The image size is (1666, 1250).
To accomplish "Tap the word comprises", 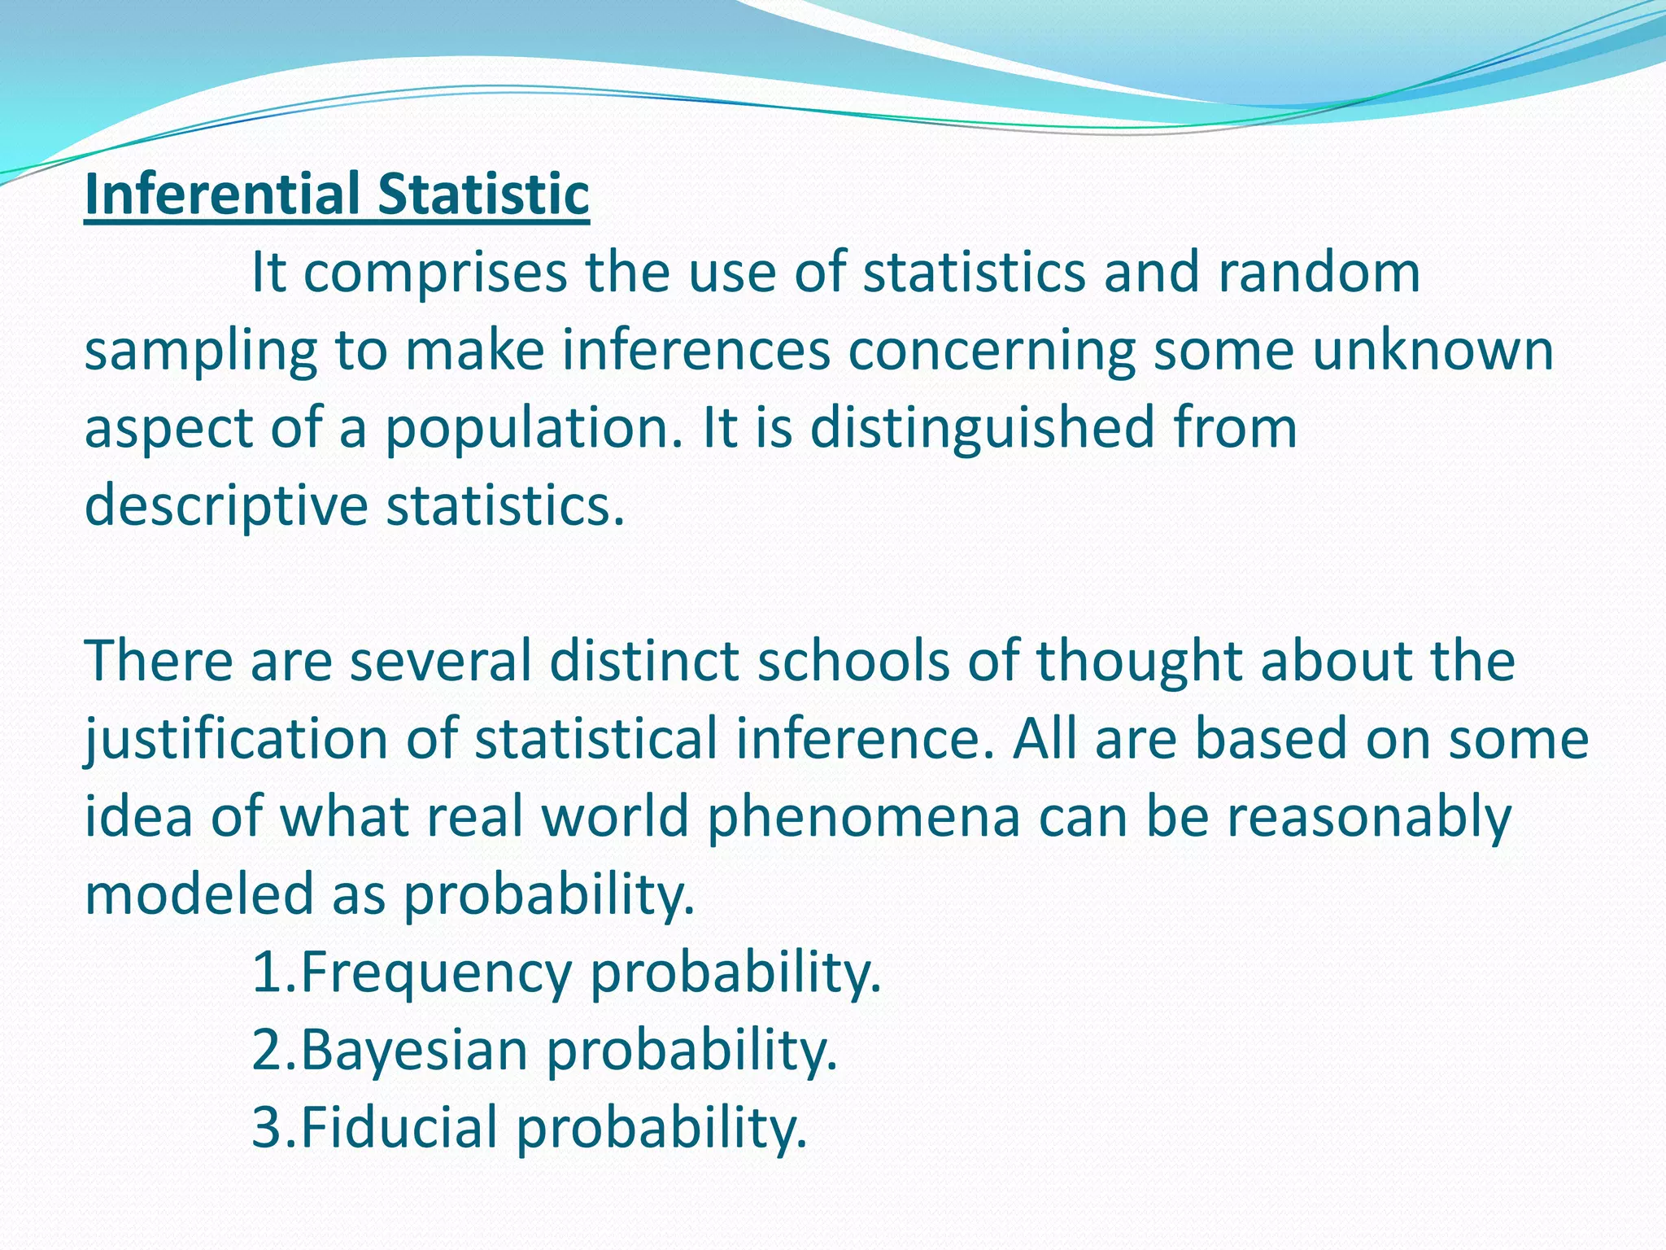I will click(x=435, y=273).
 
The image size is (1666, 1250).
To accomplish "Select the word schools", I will click(x=853, y=660).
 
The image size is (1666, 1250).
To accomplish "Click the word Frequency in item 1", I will click(x=436, y=972).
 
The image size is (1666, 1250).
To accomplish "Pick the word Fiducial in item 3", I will click(x=399, y=1127).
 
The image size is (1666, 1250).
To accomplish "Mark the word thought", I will click(x=1139, y=660).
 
